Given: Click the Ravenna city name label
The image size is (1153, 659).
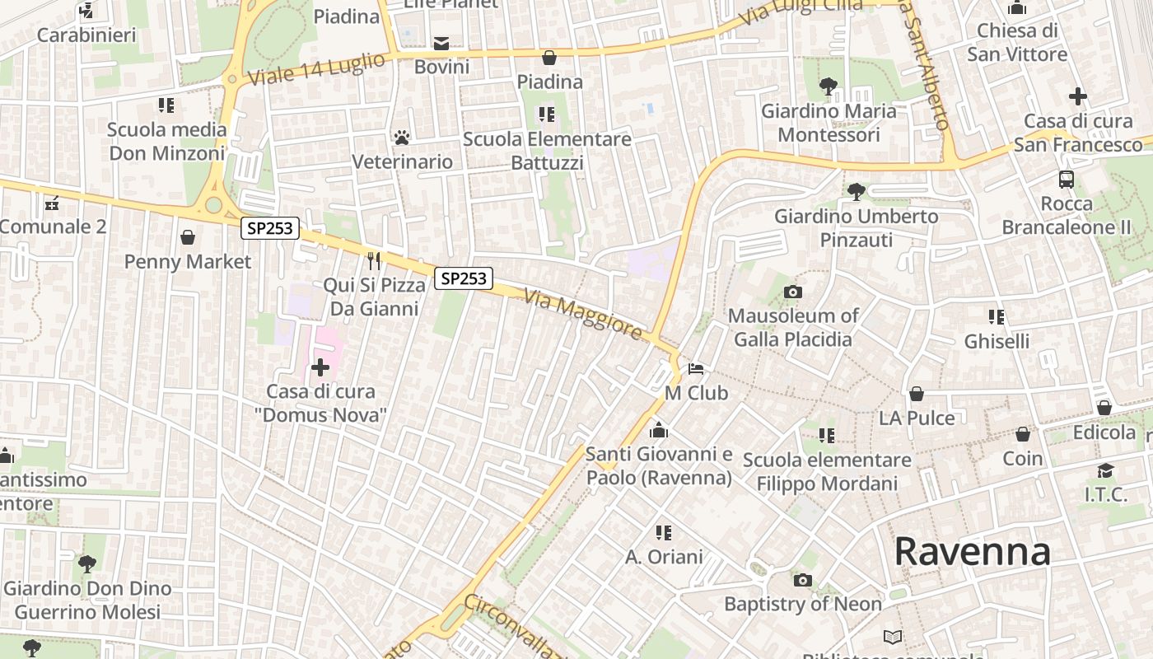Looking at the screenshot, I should tap(972, 551).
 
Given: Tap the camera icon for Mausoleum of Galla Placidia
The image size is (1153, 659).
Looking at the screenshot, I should tap(793, 292).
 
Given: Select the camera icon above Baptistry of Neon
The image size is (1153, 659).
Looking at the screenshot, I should tap(803, 580).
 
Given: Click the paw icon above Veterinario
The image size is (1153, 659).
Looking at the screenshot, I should tap(402, 137).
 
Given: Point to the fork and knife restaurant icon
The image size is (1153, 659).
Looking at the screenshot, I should tap(374, 260).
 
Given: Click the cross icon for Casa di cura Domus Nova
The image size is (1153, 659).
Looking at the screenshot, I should tap(320, 367).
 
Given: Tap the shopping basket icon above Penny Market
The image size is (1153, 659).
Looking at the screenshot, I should tap(188, 237).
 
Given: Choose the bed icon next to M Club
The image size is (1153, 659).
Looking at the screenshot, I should tap(696, 368).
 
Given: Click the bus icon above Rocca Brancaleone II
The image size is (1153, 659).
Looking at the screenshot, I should tap(1066, 179).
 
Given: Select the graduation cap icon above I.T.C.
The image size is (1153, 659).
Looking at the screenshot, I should tap(1105, 470).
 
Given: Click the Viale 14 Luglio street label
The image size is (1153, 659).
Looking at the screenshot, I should tap(316, 69).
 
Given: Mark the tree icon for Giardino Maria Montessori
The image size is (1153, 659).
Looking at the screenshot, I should tap(828, 86).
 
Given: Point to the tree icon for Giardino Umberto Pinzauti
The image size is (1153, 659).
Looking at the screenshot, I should tap(857, 191).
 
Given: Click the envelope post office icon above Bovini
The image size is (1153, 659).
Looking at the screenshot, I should tap(442, 43).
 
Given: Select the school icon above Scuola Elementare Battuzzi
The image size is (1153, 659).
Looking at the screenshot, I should tap(547, 114).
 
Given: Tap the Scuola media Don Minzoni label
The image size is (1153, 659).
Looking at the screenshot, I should tap(167, 141).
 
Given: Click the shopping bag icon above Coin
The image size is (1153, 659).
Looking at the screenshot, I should tap(1023, 433).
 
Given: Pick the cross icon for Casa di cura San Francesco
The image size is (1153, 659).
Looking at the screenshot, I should tap(1077, 96).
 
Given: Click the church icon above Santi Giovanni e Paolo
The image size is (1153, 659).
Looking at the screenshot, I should tap(658, 430).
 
